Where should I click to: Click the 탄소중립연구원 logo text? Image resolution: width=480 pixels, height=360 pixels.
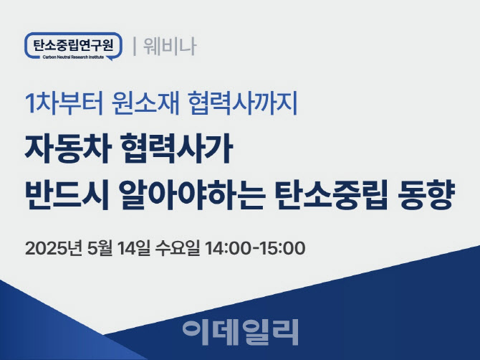(x=73, y=44)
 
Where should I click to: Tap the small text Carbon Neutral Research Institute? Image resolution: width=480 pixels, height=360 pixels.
(x=74, y=57)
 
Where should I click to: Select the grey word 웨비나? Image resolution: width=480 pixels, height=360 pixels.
(x=170, y=47)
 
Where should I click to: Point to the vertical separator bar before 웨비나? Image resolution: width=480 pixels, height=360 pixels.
(x=135, y=47)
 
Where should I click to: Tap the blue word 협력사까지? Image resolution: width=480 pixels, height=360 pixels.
(x=244, y=103)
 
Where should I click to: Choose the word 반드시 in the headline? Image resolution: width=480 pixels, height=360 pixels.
(x=67, y=196)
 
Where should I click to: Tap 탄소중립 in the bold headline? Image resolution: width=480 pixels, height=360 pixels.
(x=331, y=196)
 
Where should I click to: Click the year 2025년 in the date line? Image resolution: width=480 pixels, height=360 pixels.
(x=54, y=248)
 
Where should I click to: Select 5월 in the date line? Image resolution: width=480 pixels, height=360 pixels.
(x=100, y=248)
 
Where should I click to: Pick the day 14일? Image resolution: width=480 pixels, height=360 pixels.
(x=133, y=248)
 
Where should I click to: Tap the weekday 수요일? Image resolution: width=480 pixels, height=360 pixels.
(x=178, y=248)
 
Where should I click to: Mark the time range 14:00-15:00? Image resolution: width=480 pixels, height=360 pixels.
(x=255, y=248)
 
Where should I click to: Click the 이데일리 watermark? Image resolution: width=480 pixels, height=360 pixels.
(x=240, y=332)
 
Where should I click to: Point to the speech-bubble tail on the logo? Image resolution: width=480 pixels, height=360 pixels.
(x=110, y=59)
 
